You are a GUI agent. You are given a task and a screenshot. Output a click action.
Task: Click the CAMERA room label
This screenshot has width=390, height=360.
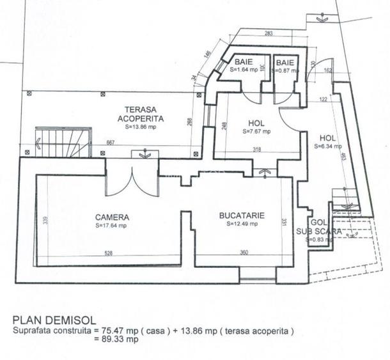[112, 217]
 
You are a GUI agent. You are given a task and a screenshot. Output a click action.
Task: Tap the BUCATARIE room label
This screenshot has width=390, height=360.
[242, 215]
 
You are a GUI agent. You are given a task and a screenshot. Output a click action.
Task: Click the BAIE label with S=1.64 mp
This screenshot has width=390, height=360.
[244, 62]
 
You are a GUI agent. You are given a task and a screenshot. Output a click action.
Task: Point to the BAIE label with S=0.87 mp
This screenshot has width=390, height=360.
[285, 62]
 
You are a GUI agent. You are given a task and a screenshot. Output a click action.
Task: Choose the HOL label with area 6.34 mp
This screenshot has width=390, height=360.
[327, 137]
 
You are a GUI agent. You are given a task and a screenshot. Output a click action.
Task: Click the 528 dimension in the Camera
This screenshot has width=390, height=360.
[109, 253]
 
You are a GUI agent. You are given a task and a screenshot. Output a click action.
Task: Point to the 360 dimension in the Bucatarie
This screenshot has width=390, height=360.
[244, 253]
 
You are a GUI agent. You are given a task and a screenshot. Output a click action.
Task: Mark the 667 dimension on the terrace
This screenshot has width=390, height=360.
[111, 143]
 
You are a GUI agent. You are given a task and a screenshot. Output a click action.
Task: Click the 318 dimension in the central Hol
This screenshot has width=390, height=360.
[256, 150]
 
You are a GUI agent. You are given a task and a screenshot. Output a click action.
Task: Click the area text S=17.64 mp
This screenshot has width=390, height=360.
[112, 226]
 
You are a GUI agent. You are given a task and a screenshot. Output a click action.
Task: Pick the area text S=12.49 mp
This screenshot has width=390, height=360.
[242, 224]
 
